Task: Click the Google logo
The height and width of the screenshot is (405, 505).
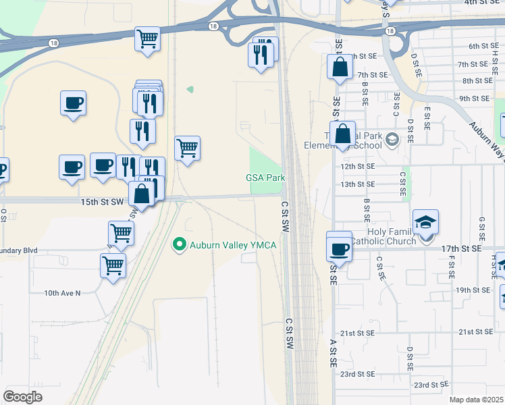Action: click(x=22, y=396)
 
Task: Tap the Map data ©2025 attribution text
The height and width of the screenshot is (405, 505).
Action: click(x=476, y=400)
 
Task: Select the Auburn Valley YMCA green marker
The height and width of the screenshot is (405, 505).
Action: click(x=179, y=244)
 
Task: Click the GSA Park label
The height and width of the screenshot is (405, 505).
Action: click(x=265, y=178)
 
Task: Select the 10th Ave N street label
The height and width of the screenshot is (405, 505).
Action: click(x=62, y=293)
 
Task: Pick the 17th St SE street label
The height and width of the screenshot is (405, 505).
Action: click(x=460, y=248)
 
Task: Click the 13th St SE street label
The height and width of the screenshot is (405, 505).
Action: click(x=357, y=184)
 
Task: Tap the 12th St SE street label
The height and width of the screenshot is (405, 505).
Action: click(x=357, y=165)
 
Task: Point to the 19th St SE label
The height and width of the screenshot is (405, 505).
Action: click(x=473, y=290)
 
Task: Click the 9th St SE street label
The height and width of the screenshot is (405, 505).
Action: click(x=473, y=98)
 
